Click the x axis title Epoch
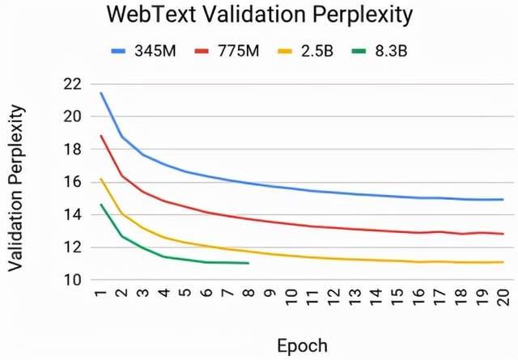tap(302, 346)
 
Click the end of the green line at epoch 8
tap(248, 263)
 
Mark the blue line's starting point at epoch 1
tap(101, 93)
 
